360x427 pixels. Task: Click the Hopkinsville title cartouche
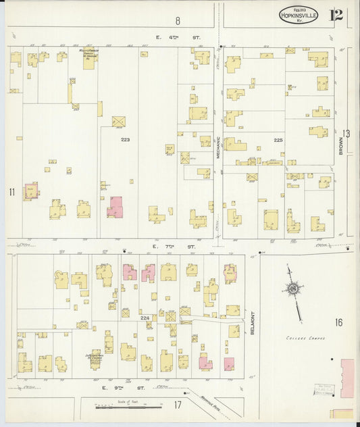click(298, 15)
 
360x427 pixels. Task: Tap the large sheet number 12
click(336, 15)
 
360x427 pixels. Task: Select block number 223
click(125, 139)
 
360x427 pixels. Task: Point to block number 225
click(278, 140)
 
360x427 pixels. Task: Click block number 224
click(145, 316)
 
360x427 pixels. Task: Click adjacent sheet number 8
click(178, 21)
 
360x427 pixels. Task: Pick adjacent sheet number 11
click(11, 193)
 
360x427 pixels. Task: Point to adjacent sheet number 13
click(346, 133)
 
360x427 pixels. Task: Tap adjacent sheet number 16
click(338, 322)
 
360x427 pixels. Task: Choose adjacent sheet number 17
click(178, 405)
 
